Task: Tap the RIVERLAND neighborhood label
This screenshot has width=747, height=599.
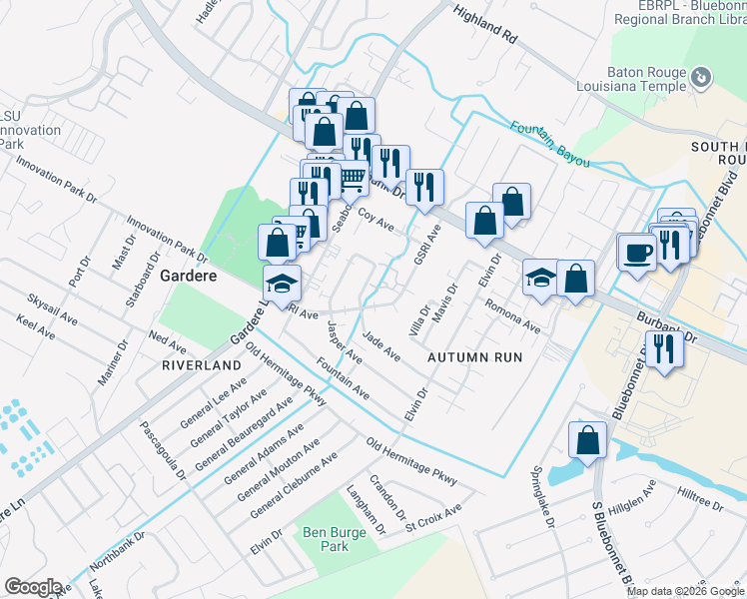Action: (202, 366)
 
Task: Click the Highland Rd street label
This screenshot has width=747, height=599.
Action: (485, 25)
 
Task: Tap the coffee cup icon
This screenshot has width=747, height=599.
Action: (636, 253)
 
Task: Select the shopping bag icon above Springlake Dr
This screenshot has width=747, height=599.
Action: (588, 440)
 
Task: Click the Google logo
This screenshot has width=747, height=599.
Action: (33, 587)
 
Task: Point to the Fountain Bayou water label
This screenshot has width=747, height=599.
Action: (550, 144)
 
